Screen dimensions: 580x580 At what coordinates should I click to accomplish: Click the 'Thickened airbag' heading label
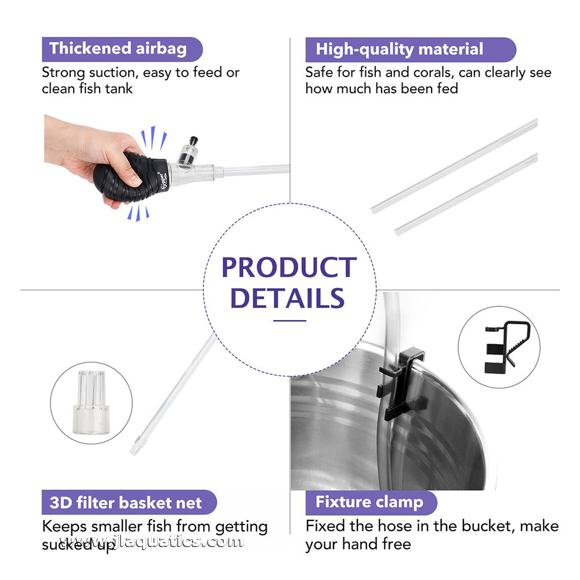pos(118,49)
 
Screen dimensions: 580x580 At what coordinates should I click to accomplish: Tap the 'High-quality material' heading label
pos(400,49)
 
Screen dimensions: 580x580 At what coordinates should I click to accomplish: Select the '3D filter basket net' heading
pos(126,502)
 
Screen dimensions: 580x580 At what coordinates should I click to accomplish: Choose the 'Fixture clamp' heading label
pos(369,502)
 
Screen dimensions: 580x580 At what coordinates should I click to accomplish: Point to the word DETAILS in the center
pos(288,298)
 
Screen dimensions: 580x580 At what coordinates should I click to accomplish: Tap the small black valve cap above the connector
pos(193,141)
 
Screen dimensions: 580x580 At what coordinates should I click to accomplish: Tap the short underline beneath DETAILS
pos(289,321)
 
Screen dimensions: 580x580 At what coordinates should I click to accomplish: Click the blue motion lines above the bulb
pos(153,139)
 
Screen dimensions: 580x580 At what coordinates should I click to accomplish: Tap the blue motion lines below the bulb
pos(138,213)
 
